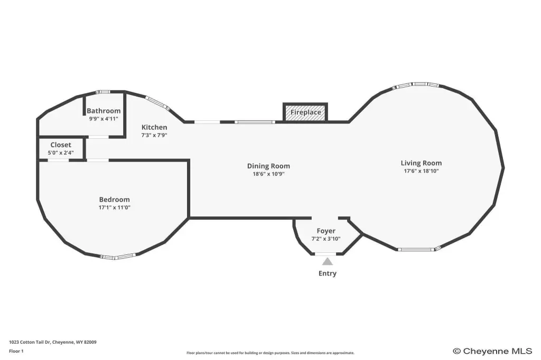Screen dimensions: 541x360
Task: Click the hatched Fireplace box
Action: pos(305,112)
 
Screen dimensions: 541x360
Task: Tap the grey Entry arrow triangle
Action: pos(328,262)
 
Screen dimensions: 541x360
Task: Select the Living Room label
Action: pos(421,163)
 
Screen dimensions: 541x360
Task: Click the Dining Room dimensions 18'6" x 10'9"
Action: pos(268,174)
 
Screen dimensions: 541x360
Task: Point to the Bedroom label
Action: pos(114,200)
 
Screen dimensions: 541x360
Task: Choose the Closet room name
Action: pos(61,145)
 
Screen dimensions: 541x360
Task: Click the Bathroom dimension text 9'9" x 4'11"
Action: pos(104,119)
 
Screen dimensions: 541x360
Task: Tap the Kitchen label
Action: pos(154,127)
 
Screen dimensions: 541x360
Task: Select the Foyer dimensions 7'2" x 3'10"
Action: pos(326,239)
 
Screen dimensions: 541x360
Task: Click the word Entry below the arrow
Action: pos(328,273)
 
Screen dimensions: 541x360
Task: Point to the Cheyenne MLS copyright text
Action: pos(493,351)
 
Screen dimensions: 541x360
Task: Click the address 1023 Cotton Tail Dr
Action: pos(30,342)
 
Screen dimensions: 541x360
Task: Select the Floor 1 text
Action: pos(16,351)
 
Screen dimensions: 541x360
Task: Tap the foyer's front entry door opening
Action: pos(325,254)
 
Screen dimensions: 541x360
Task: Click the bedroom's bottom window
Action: pos(118,257)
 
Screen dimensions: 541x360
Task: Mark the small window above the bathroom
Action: pos(102,92)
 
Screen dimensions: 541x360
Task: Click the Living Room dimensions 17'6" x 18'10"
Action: pos(421,170)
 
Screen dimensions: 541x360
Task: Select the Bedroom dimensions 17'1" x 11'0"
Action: pos(114,207)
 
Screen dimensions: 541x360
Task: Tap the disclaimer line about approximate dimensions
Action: pos(270,353)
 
